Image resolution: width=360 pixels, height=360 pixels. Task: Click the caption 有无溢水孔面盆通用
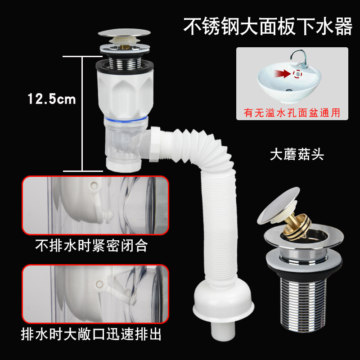[292, 113]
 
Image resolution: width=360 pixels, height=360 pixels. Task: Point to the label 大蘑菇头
[297, 155]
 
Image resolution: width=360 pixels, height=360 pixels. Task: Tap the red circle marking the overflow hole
[297, 73]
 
